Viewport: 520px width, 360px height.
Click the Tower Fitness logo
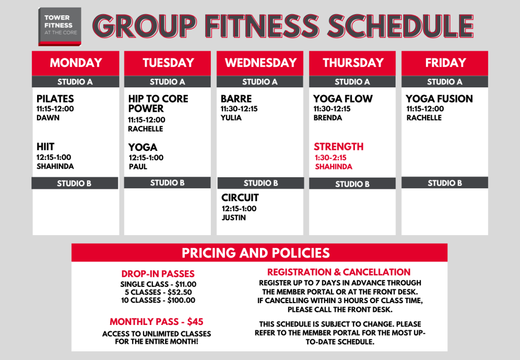tap(60, 26)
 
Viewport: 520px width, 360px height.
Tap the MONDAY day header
tap(76, 63)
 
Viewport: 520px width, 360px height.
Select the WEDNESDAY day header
tap(261, 63)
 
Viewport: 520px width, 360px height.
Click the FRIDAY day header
tap(445, 63)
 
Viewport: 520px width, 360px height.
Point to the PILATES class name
tap(55, 99)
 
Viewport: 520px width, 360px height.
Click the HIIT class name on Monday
tap(45, 147)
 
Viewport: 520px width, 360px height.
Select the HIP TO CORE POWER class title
tap(158, 104)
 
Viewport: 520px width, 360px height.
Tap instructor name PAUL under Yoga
tap(138, 167)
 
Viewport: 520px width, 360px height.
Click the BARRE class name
tap(236, 99)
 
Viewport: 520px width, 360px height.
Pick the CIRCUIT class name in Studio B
tap(240, 198)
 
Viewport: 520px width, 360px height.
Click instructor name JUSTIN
tap(234, 218)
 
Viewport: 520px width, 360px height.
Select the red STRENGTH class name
tap(339, 147)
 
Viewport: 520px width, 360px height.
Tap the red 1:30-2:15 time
tap(331, 158)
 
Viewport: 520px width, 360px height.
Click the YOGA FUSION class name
tap(439, 99)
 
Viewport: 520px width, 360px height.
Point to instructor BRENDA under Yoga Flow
tap(328, 118)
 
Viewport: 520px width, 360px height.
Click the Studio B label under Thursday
tap(352, 184)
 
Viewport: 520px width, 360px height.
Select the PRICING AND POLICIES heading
tap(256, 253)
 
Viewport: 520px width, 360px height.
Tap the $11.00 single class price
tap(186, 284)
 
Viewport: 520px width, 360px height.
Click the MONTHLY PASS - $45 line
tap(156, 322)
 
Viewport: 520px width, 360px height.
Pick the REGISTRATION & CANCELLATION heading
tap(339, 273)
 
